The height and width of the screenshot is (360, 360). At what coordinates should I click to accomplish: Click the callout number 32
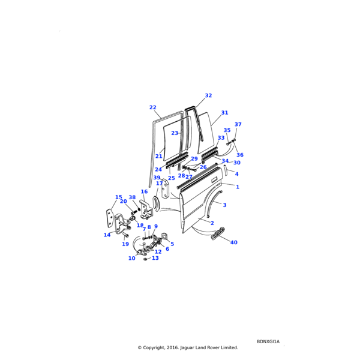pos(208,95)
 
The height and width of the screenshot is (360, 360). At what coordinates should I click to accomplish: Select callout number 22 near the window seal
pos(152,107)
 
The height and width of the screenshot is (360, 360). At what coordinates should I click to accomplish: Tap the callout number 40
pos(234,242)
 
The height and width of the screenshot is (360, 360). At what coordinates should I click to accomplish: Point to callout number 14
pos(107,235)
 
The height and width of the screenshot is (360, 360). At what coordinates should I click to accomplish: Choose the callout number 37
pos(238,124)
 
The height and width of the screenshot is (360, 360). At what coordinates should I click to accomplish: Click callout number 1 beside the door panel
pos(238,187)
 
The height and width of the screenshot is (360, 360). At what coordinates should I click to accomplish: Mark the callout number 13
pos(155,258)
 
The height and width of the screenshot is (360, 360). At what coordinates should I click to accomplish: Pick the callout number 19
pos(125,244)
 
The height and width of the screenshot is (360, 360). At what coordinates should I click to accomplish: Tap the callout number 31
pos(225,113)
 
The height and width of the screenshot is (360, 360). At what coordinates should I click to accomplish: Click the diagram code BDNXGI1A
pos(268,341)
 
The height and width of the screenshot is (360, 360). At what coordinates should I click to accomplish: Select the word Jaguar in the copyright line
pos(187,347)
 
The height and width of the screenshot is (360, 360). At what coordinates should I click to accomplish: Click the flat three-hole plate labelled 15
pos(110,217)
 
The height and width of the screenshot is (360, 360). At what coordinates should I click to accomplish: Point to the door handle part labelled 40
pos(217,233)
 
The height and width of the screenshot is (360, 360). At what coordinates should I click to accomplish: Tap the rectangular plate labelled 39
pos(166,188)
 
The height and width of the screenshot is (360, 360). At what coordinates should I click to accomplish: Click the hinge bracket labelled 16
pos(146,209)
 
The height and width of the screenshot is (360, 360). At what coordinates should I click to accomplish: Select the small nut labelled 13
pos(145,259)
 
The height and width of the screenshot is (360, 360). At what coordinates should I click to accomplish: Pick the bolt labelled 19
pos(125,235)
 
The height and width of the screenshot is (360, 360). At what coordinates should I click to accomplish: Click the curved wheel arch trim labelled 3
pos(213,203)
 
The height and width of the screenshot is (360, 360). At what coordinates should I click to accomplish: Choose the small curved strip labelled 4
pos(225,170)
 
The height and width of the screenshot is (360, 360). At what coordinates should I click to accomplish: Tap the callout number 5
pos(172,244)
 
